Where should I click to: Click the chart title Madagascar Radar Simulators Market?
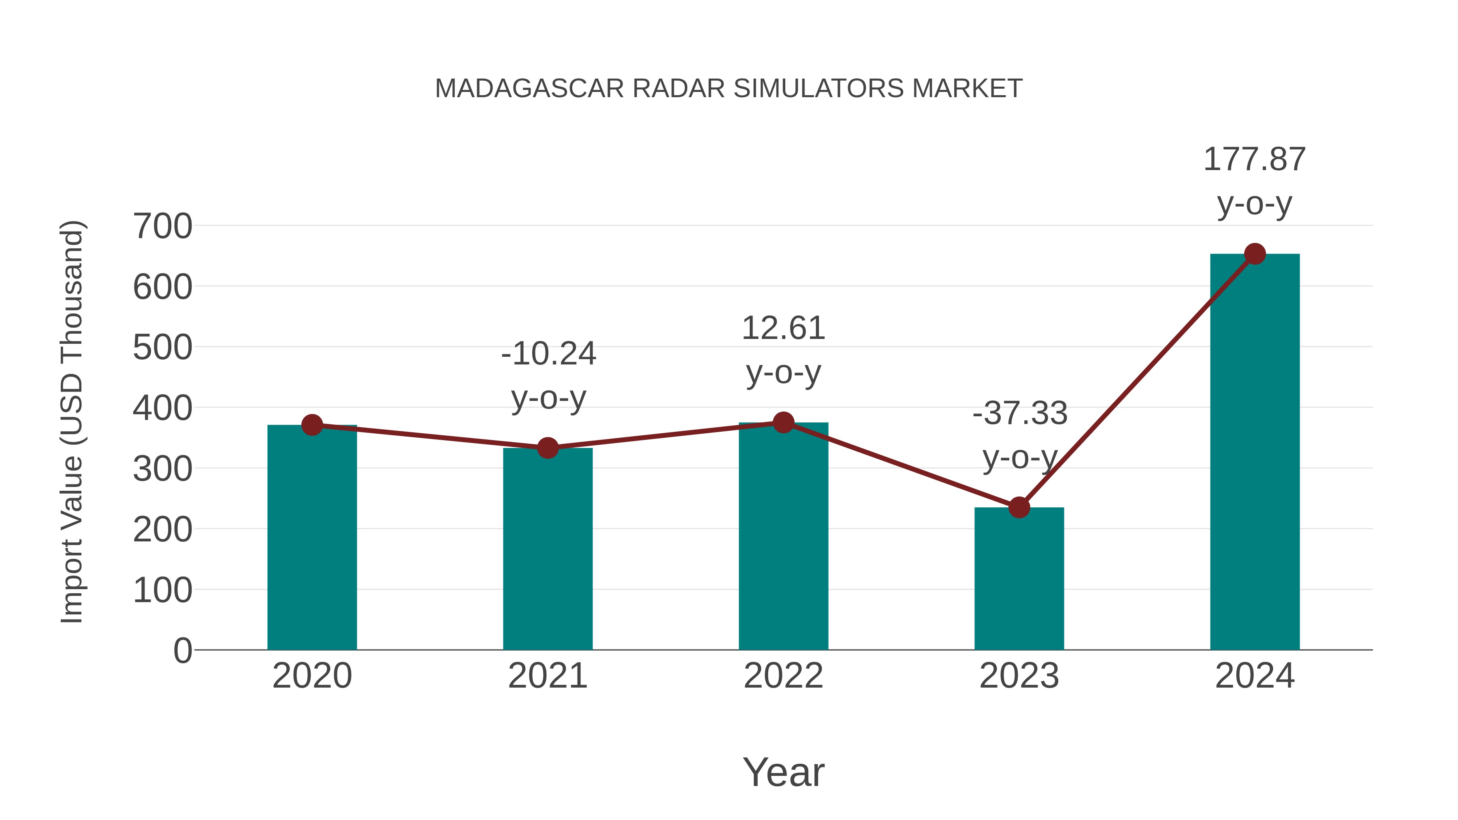tap(729, 89)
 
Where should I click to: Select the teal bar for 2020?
tap(312, 538)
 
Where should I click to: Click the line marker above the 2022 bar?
tap(783, 422)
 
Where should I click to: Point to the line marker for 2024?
tap(1255, 254)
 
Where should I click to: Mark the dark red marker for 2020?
tap(312, 425)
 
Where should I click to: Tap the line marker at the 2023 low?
tap(1019, 508)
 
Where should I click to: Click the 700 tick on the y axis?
tap(162, 226)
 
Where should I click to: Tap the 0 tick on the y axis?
tap(182, 650)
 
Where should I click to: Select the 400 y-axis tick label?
tap(162, 408)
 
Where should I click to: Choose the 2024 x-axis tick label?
tap(1254, 676)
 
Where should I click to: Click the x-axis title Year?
tap(783, 772)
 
